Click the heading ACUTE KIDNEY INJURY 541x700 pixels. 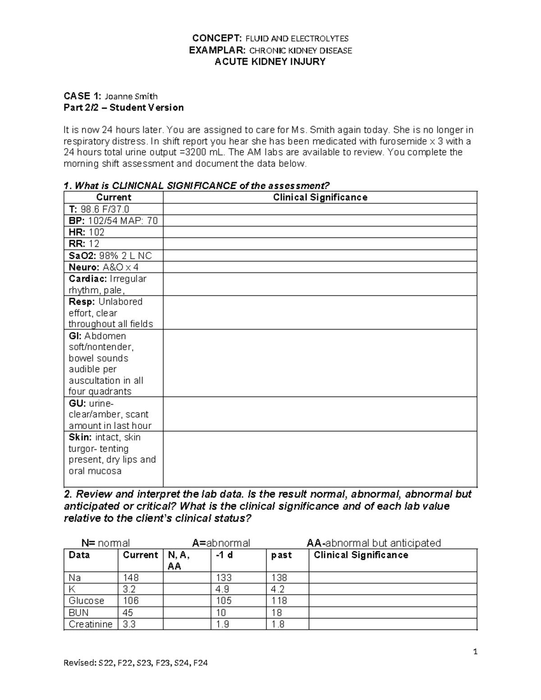(x=270, y=62)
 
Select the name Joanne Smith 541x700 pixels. (x=131, y=96)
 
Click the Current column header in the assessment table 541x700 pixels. (x=114, y=197)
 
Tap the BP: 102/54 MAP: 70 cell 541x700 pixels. (x=113, y=221)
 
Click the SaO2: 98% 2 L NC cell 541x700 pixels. (x=110, y=256)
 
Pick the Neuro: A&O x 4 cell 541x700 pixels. (x=104, y=267)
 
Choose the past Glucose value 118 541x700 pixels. (x=279, y=601)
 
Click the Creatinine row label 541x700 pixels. (x=91, y=624)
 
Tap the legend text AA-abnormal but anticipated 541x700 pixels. (x=374, y=543)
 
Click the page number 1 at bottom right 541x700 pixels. (x=475, y=651)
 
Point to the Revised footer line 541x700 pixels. (x=136, y=663)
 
